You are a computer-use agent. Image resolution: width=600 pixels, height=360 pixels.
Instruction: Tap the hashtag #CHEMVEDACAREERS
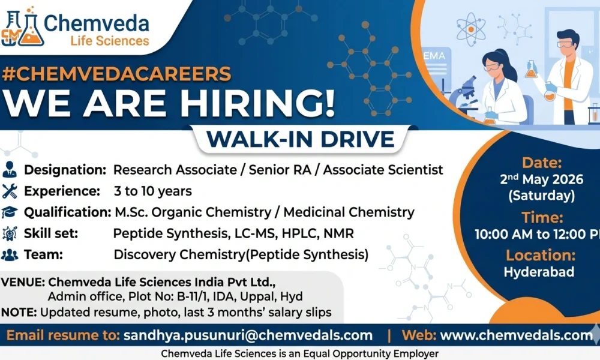116,74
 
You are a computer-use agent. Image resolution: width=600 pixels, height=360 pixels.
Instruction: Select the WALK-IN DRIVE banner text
301,139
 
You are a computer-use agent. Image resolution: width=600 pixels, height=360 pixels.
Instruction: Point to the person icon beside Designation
10,169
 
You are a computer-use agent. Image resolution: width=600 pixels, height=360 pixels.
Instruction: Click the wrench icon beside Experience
10,191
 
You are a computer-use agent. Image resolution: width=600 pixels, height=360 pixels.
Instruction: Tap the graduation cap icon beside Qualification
10,212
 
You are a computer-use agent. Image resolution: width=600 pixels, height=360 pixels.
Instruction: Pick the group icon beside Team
10,254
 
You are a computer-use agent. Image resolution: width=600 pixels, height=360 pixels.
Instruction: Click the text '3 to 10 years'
152,191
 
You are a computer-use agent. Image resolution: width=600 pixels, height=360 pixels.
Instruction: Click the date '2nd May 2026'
541,179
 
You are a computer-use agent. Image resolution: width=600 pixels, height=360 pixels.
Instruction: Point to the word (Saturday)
541,196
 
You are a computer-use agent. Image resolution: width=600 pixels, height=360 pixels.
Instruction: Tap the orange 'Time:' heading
542,217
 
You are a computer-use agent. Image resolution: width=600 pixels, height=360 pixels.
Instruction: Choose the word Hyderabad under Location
539,272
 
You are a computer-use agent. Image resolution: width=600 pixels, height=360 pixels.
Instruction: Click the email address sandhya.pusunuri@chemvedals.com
248,335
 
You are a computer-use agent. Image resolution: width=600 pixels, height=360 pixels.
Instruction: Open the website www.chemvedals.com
517,335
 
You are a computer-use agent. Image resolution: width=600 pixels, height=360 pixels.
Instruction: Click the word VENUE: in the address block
23,282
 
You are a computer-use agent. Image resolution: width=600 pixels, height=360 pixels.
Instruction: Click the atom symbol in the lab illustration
471,29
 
